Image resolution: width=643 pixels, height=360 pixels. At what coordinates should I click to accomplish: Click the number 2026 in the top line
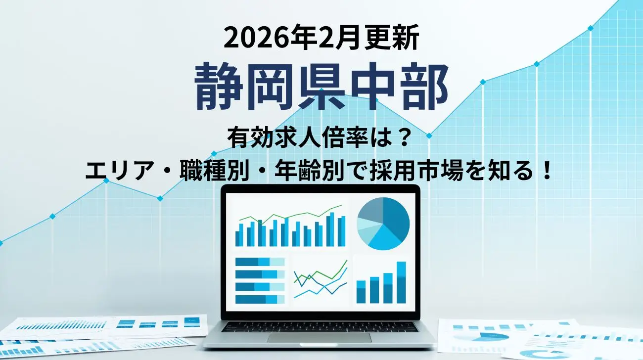pos(256,39)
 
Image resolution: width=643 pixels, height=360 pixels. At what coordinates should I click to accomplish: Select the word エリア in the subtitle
pos(118,172)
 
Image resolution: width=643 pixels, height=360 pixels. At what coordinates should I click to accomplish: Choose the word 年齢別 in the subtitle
pos(310,172)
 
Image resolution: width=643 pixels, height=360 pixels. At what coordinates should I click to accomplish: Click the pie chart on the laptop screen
pos(383,224)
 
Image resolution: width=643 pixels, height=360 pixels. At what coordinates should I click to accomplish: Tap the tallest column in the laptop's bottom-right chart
pos(401,282)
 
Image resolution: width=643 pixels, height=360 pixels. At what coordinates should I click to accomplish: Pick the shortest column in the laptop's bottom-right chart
pos(361,292)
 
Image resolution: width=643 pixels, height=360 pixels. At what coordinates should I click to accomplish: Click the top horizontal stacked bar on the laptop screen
pos(260,262)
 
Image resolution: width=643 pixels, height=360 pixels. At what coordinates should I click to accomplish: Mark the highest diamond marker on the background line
pos(591,28)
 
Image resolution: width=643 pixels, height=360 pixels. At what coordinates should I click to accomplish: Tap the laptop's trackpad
pos(319,338)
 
